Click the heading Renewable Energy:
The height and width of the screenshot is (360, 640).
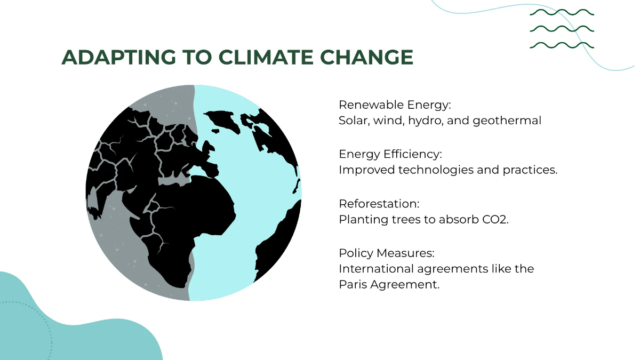click(395, 105)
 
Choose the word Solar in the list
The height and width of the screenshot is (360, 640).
click(354, 121)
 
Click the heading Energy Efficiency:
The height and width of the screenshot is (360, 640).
click(390, 154)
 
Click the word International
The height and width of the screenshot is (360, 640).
click(373, 268)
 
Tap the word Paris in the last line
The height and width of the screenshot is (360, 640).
click(352, 284)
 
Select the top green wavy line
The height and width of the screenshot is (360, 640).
click(562, 12)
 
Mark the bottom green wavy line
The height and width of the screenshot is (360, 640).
click(562, 45)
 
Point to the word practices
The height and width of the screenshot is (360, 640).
click(530, 170)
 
